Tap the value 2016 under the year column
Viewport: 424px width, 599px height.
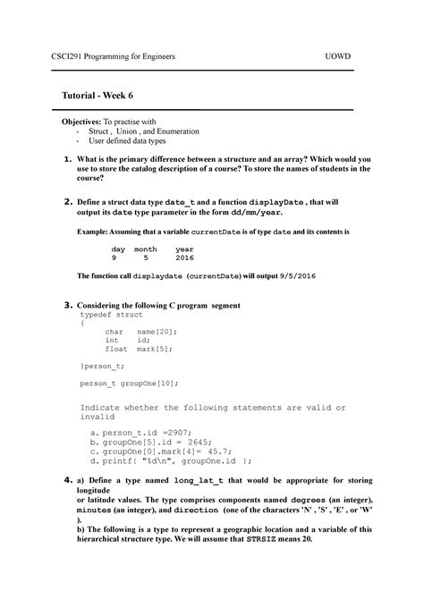(x=184, y=257)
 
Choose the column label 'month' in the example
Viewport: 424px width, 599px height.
(x=146, y=249)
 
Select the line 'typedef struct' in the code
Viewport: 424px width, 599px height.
(x=111, y=315)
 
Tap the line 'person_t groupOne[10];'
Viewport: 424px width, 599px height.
(x=129, y=383)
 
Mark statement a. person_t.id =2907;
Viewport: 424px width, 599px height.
(x=136, y=431)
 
